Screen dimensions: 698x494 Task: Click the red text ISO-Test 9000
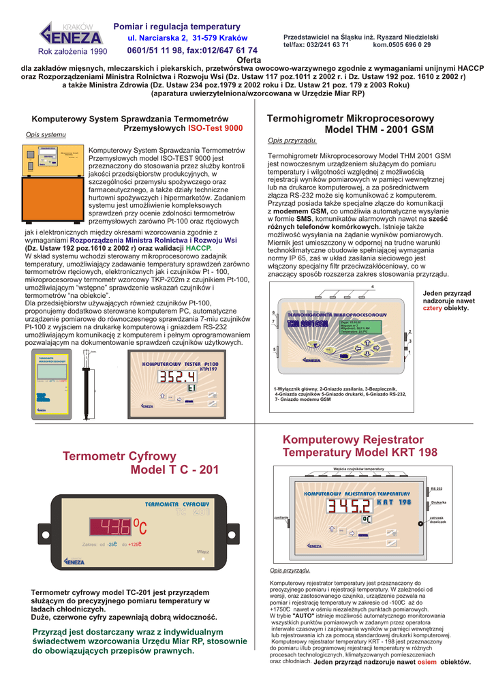coord(215,128)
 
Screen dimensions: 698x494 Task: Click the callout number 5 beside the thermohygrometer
coord(273,350)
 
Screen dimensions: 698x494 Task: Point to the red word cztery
coord(433,308)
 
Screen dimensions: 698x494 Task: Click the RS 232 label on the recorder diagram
coord(437,489)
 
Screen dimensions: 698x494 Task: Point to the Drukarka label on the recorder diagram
coord(438,502)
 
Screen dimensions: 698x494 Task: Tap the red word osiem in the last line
coord(427,661)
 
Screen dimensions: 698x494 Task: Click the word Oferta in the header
coord(244,60)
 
